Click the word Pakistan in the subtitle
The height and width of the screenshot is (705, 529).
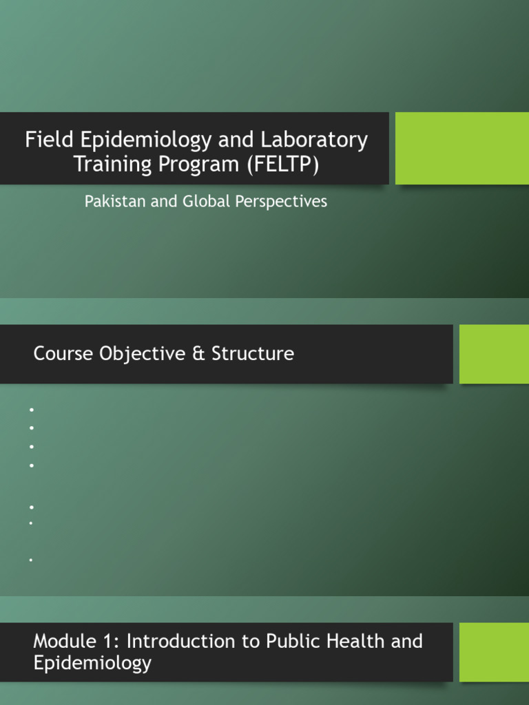tap(109, 201)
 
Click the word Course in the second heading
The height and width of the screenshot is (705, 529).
tap(63, 354)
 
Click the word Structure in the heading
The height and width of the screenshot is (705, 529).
tap(253, 354)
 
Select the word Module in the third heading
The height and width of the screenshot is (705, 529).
tap(61, 641)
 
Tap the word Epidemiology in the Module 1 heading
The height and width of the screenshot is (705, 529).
tap(92, 663)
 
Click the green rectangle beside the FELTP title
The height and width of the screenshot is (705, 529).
tap(461, 148)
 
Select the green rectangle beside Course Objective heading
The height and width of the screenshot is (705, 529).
tap(494, 354)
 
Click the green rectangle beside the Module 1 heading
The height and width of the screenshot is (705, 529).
tap(494, 652)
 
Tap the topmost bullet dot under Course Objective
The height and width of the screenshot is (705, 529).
tap(32, 410)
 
